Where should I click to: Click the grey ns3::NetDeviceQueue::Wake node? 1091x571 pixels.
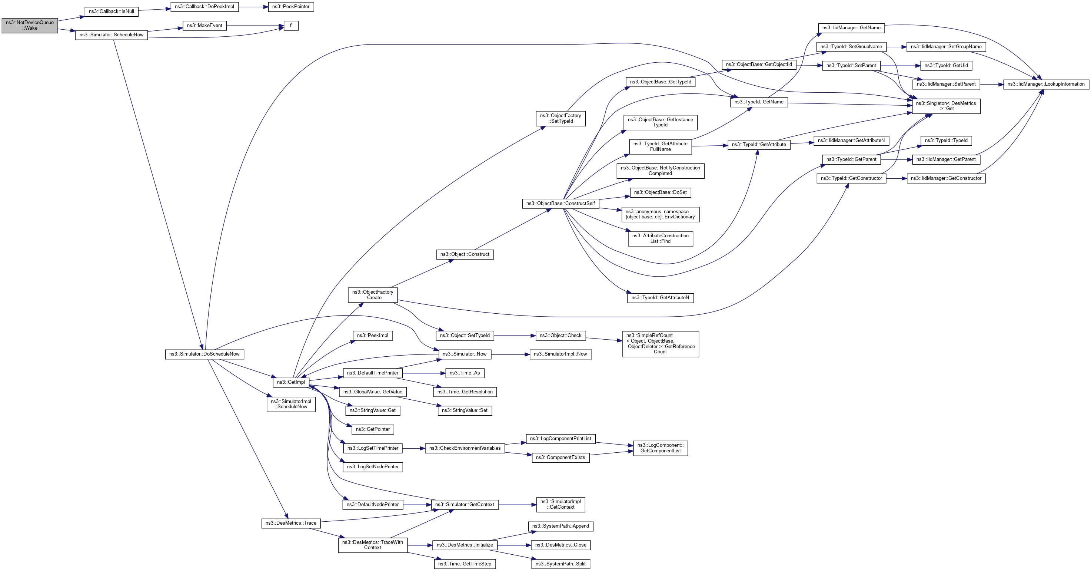(30, 26)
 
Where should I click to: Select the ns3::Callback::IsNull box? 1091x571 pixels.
(112, 11)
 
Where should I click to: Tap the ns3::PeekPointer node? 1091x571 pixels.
(290, 7)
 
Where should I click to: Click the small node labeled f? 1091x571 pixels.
(290, 26)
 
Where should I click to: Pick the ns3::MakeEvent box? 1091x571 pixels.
(204, 26)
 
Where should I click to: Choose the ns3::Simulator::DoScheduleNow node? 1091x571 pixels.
(204, 354)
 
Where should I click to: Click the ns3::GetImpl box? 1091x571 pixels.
(290, 382)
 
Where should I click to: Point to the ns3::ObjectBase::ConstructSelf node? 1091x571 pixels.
(561, 204)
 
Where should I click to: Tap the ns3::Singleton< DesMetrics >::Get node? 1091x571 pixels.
(946, 106)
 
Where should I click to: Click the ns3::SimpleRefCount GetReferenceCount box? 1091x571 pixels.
(660, 344)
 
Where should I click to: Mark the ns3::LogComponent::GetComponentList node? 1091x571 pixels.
(660, 448)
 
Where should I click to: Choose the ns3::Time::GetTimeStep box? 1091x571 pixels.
(465, 564)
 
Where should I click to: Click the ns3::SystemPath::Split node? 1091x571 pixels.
(561, 564)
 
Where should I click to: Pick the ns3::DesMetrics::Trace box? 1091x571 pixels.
(290, 523)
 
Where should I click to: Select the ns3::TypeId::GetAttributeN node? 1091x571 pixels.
(660, 298)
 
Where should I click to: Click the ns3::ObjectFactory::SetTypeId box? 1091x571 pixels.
(561, 118)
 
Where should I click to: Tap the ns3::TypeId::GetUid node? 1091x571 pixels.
(946, 66)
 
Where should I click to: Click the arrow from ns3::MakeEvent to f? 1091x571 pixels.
(254, 26)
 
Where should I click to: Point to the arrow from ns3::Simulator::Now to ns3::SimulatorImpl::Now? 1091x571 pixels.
(510, 354)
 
